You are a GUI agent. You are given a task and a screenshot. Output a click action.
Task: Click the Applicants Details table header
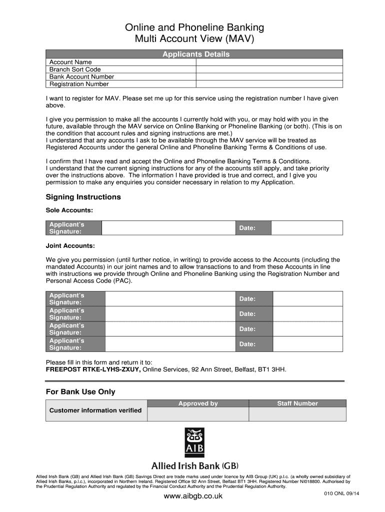click(x=195, y=54)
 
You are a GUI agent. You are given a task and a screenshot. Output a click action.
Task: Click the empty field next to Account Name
click(x=269, y=62)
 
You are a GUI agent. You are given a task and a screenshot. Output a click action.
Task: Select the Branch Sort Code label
click(x=75, y=69)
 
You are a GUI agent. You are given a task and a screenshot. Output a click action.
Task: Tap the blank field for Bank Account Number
click(x=269, y=76)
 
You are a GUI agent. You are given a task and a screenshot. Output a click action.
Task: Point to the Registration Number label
click(x=79, y=84)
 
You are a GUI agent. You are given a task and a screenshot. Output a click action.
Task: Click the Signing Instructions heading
click(x=83, y=197)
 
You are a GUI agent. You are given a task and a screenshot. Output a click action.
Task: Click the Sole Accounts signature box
click(x=168, y=228)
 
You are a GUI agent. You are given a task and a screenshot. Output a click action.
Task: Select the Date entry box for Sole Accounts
click(x=306, y=228)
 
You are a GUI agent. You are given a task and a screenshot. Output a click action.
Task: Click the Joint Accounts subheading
click(x=70, y=246)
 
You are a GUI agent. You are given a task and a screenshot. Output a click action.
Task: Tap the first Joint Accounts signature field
click(x=170, y=299)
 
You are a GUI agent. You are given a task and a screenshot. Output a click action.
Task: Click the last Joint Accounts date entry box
click(x=307, y=344)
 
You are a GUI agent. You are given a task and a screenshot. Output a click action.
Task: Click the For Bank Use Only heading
click(x=80, y=392)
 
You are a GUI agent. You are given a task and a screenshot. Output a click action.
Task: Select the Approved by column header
click(x=198, y=403)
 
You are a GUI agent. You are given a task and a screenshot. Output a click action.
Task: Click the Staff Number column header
click(x=297, y=403)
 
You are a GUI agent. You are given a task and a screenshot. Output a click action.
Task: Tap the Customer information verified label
click(x=95, y=410)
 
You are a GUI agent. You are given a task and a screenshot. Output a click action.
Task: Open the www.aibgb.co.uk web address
click(x=193, y=496)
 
